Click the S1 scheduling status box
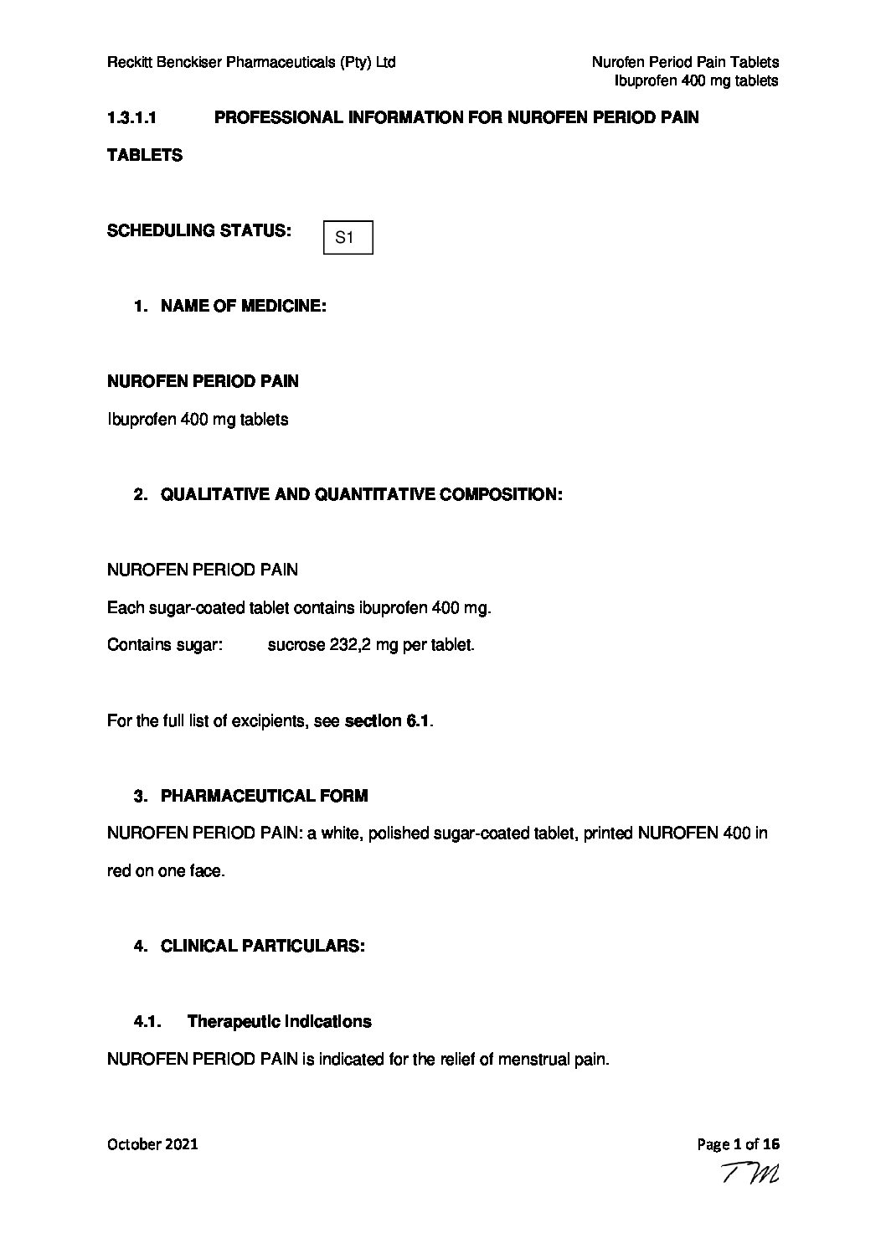[x=348, y=238]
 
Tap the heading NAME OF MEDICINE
[x=243, y=307]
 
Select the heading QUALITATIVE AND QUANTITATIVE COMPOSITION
[x=361, y=495]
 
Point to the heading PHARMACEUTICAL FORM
[x=264, y=796]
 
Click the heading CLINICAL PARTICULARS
[x=262, y=947]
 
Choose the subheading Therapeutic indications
[x=279, y=1022]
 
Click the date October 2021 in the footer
[x=152, y=1144]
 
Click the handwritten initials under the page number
[x=749, y=1175]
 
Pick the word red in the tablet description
[x=119, y=871]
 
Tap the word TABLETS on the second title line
[x=145, y=156]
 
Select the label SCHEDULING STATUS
[x=199, y=231]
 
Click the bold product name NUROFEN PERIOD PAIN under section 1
[x=203, y=382]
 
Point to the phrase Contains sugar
[x=164, y=646]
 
